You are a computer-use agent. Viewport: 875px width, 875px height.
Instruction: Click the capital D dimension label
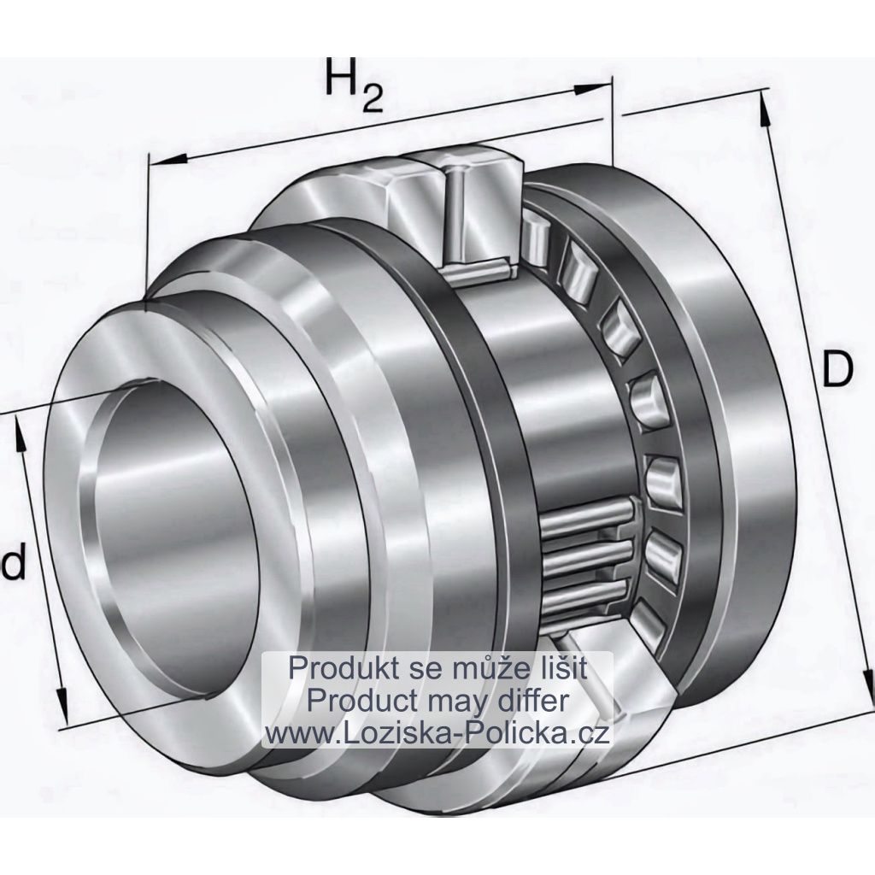(837, 368)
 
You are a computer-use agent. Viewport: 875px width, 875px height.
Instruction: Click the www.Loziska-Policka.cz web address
(437, 733)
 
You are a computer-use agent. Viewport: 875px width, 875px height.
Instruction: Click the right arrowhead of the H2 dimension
(593, 89)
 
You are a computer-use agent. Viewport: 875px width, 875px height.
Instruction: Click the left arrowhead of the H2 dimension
(167, 160)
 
